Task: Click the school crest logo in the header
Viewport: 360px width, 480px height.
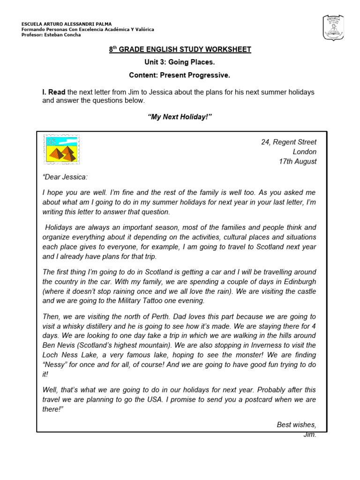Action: coord(333,28)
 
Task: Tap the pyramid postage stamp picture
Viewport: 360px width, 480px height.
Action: coord(61,149)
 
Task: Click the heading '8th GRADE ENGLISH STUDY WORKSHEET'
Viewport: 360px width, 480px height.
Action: coord(180,50)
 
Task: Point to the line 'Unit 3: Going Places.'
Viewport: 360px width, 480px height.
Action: coord(180,62)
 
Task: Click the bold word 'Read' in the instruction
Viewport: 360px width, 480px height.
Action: coord(57,92)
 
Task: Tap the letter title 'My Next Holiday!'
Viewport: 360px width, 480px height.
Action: coord(180,117)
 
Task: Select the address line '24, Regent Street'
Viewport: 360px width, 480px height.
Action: coord(289,142)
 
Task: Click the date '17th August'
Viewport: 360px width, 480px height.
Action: coord(298,162)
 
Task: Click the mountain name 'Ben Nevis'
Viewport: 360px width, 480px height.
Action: coord(58,345)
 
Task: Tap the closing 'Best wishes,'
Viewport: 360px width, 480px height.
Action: coord(296,425)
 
